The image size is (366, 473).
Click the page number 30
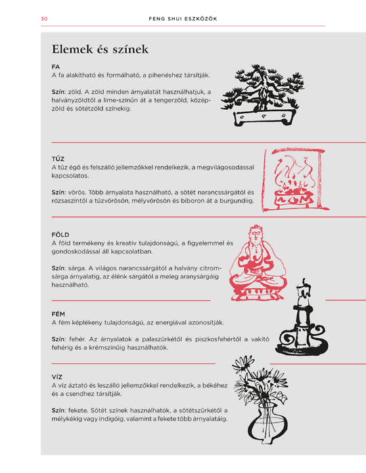[44, 19]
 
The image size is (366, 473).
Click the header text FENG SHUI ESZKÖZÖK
[183, 19]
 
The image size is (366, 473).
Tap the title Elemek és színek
[100, 49]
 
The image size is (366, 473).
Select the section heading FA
[55, 67]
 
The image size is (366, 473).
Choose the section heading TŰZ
[58, 158]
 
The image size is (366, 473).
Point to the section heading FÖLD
[60, 234]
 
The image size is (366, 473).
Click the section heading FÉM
[58, 314]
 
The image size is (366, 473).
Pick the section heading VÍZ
[57, 377]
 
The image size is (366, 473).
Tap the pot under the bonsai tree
[265, 118]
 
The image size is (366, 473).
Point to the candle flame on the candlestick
[304, 282]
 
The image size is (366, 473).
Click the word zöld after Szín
[74, 92]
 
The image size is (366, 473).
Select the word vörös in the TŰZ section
[76, 192]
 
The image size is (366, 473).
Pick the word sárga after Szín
[76, 268]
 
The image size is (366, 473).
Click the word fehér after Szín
[77, 339]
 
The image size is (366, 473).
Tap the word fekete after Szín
[78, 410]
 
